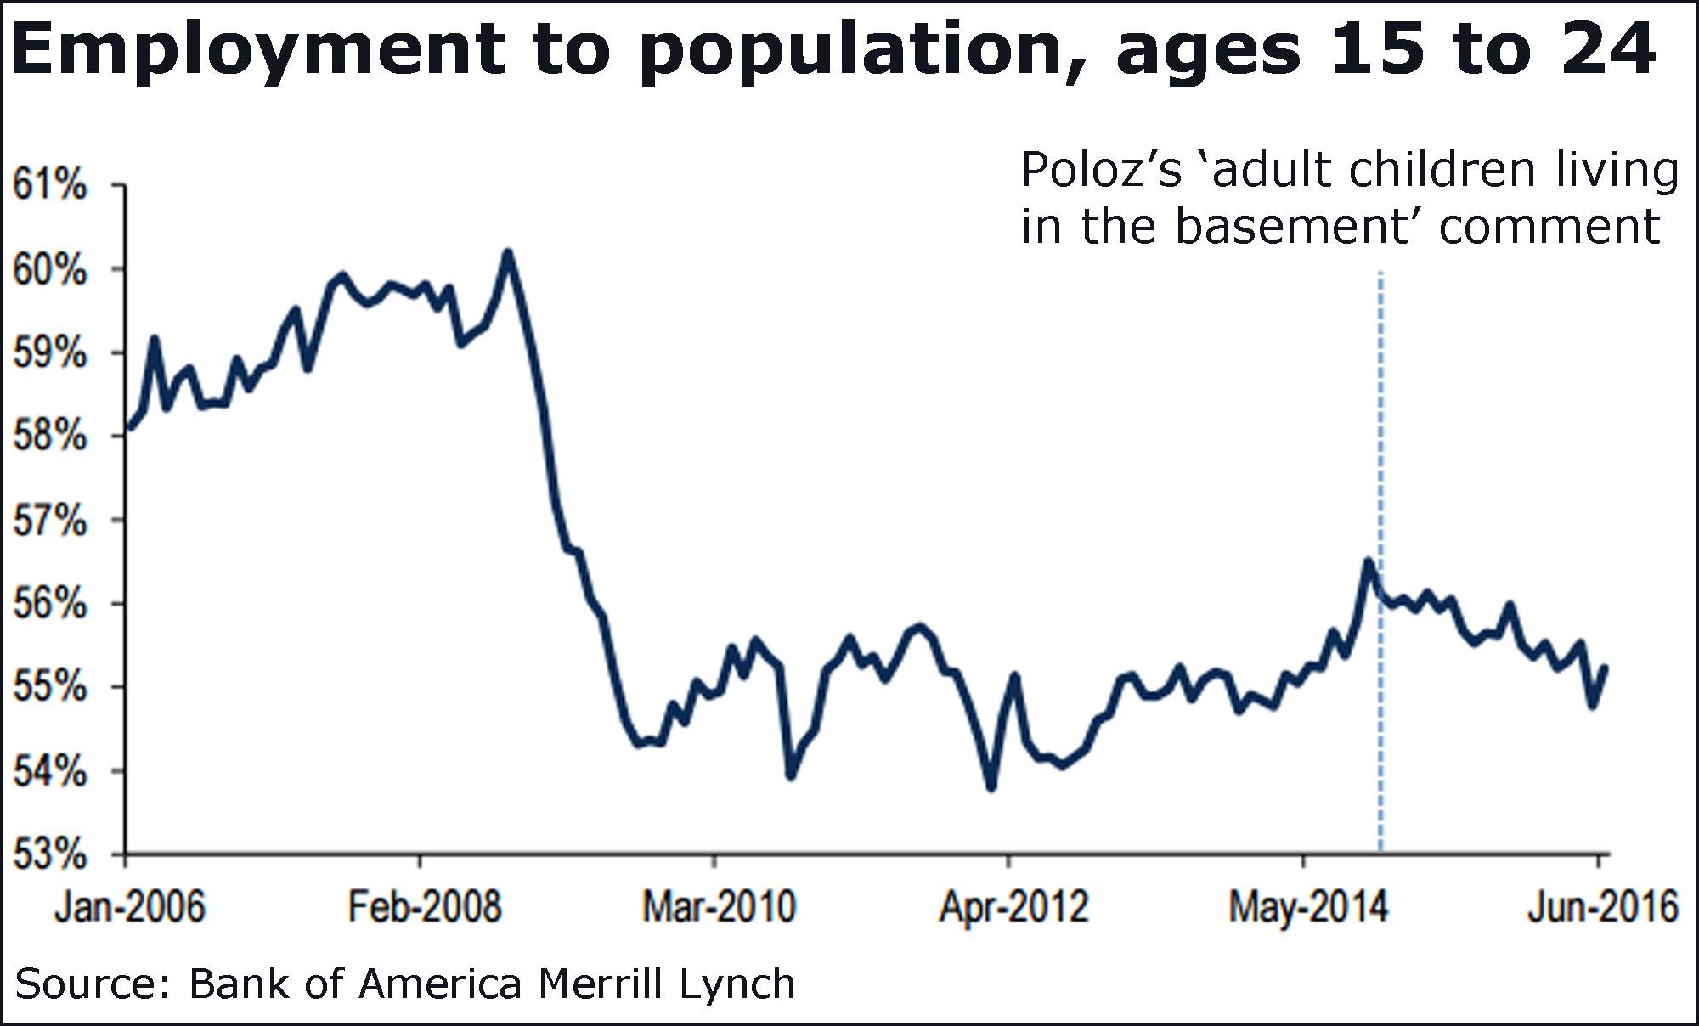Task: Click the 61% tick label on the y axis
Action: click(x=49, y=184)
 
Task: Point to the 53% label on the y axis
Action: click(x=49, y=854)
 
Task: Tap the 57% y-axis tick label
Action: click(x=49, y=520)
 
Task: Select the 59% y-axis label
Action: click(x=49, y=352)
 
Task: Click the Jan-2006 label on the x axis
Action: click(x=130, y=907)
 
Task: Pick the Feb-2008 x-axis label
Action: click(x=425, y=907)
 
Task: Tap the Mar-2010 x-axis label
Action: click(x=719, y=907)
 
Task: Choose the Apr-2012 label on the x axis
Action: click(x=1013, y=907)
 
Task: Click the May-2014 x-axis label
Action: click(x=1308, y=907)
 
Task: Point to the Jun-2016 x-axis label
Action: click(x=1603, y=907)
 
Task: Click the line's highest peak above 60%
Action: click(x=507, y=252)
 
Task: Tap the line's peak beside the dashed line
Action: click(x=1368, y=561)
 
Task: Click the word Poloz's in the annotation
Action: click(x=1101, y=171)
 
